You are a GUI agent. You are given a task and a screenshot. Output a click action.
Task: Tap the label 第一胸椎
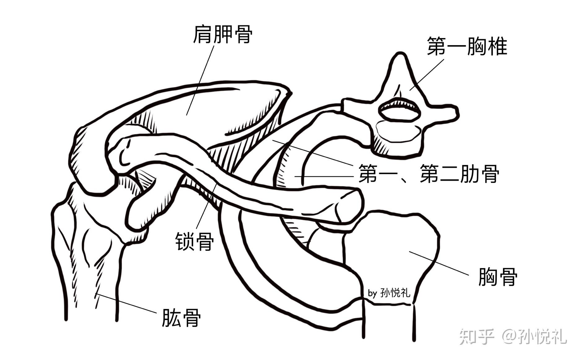[467, 46]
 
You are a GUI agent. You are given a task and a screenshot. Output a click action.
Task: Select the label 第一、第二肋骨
[428, 174]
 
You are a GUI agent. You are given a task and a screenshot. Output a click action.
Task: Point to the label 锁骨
[195, 242]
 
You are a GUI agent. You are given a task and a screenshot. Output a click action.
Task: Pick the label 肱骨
[181, 317]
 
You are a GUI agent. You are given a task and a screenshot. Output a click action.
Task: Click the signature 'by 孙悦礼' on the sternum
[389, 293]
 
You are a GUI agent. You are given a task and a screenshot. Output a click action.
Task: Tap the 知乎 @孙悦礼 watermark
[513, 336]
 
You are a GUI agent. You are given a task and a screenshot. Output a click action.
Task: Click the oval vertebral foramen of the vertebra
[400, 111]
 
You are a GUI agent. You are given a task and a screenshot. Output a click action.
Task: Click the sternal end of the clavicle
[348, 204]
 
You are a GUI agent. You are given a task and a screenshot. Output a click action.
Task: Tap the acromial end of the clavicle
[124, 152]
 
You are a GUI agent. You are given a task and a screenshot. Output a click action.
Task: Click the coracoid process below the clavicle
[139, 214]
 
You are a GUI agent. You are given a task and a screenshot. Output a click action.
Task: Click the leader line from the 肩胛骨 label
[200, 80]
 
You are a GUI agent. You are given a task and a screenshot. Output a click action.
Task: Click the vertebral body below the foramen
[398, 136]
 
